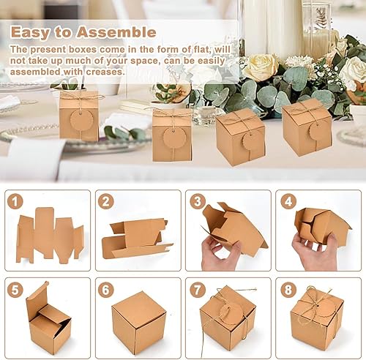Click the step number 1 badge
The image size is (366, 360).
pos(15,201)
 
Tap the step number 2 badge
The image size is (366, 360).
pos(105,201)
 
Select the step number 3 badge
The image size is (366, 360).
pos(197,201)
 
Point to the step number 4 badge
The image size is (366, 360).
pos(288,201)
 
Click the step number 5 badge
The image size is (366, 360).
pos(15,290)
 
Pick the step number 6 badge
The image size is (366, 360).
pos(105,290)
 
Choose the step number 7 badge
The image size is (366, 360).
pos(197,290)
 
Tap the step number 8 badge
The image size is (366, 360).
pos(288,290)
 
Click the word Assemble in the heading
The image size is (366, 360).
pos(116,32)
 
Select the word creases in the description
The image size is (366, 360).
pos(105,72)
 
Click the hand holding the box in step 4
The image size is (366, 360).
pos(315,251)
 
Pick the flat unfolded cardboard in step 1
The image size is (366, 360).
pos(50,236)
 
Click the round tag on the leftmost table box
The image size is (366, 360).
pos(79,120)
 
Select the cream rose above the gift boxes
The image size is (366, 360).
pos(261,67)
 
